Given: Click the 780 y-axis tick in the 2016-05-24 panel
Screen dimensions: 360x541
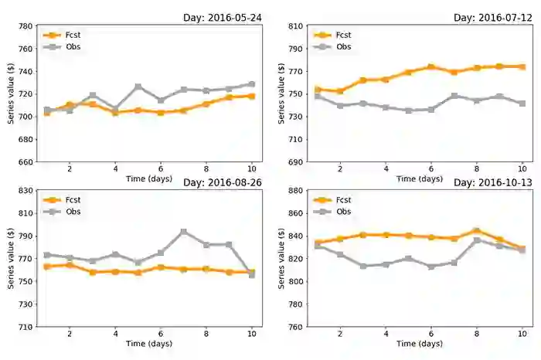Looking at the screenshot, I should click(23, 26).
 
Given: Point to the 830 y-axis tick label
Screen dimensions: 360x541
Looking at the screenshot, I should click(23, 191).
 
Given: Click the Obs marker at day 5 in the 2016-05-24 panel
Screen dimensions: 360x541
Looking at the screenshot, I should click(138, 87).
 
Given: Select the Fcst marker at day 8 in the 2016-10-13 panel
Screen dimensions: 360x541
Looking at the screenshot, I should click(477, 231).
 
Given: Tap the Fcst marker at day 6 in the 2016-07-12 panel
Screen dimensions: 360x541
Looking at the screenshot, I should click(431, 67).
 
